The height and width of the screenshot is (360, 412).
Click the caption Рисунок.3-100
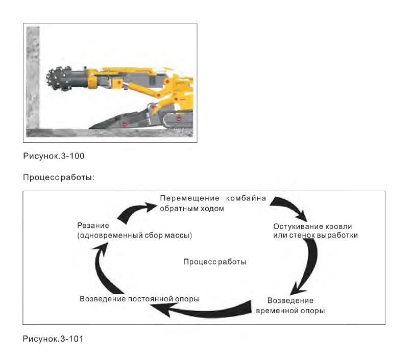click(x=54, y=156)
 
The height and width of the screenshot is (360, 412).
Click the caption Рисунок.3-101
click(x=53, y=339)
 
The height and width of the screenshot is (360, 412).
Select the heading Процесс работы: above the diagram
click(x=59, y=177)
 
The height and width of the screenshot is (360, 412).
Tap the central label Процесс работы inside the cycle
click(x=214, y=262)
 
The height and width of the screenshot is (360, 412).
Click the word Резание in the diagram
click(x=93, y=225)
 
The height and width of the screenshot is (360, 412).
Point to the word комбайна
click(x=246, y=198)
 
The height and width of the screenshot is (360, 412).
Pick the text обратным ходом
click(x=192, y=209)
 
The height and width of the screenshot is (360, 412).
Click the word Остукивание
click(x=298, y=226)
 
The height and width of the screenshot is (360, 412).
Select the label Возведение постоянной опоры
click(x=139, y=299)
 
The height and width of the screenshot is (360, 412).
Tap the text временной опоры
click(x=290, y=311)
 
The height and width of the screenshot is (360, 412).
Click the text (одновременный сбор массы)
click(x=135, y=236)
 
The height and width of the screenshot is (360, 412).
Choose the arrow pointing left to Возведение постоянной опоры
click(x=205, y=312)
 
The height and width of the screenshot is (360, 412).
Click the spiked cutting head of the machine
click(x=58, y=78)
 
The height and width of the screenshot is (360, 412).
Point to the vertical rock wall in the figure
click(x=33, y=78)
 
